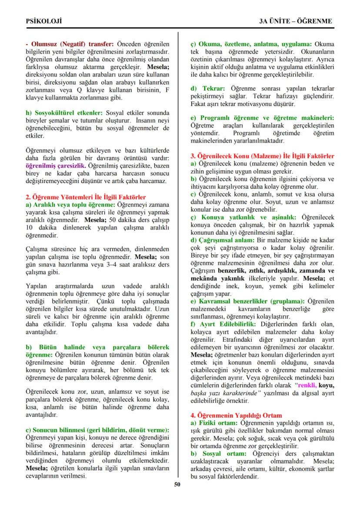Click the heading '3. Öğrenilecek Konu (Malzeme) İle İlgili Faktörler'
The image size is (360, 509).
coord(263,156)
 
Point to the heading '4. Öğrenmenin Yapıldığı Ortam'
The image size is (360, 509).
coord(236,416)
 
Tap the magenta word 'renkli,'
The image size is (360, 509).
coord(306,385)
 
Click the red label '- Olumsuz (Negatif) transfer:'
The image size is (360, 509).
coord(70,44)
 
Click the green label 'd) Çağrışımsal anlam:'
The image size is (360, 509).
coord(223,240)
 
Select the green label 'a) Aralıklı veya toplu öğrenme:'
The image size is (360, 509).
coord(71,204)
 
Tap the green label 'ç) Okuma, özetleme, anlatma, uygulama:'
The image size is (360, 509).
coord(251,44)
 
